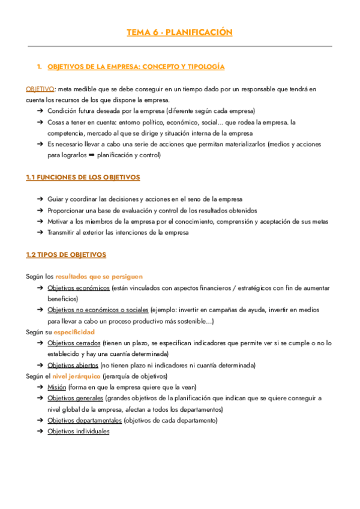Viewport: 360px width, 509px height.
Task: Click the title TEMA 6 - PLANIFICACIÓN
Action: pyautogui.click(x=179, y=32)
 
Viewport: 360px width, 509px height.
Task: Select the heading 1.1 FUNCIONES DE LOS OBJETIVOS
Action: pyautogui.click(x=83, y=178)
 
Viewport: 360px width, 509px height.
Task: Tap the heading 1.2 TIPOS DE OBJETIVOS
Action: pyautogui.click(x=66, y=254)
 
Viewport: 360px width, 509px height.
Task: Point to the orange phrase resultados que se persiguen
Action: pyautogui.click(x=99, y=277)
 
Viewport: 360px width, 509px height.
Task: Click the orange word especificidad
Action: pyautogui.click(x=74, y=332)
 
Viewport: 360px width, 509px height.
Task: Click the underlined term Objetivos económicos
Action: pyautogui.click(x=79, y=288)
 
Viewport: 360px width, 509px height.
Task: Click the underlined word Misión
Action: pyautogui.click(x=58, y=387)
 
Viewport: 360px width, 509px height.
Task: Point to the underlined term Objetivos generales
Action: pyautogui.click(x=76, y=398)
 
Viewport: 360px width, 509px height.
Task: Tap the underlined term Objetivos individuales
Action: pyautogui.click(x=79, y=431)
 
